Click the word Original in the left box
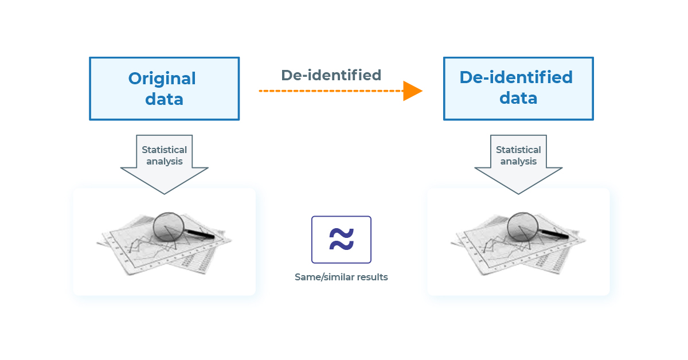point(162,79)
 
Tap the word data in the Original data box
point(164,99)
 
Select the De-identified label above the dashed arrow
point(331,75)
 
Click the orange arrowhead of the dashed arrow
point(412,91)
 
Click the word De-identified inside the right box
point(516,77)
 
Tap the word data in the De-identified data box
point(518,98)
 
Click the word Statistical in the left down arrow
point(164,150)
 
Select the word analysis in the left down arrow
point(164,161)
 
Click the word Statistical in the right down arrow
point(518,150)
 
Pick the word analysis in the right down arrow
point(518,161)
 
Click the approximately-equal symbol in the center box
point(341,239)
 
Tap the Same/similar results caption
point(341,277)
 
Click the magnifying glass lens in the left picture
point(168,227)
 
